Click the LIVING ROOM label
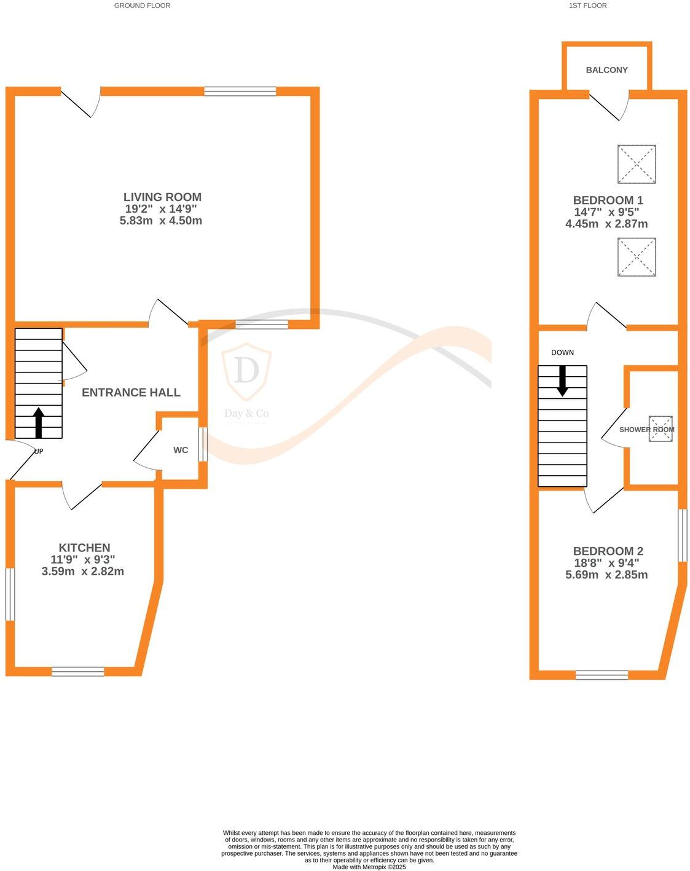(x=162, y=197)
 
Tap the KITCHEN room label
(x=84, y=548)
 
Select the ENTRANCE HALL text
(x=131, y=392)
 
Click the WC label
(x=181, y=450)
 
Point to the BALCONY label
(x=606, y=70)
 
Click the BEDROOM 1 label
(x=608, y=200)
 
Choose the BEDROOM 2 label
(x=608, y=551)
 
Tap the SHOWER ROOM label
(x=646, y=430)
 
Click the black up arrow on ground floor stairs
(x=39, y=423)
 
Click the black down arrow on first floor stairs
(x=562, y=380)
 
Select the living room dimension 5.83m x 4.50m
(x=161, y=221)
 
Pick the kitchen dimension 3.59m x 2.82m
(x=83, y=572)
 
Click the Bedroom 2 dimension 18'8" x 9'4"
(x=606, y=563)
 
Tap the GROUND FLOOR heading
(x=142, y=6)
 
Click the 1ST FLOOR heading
(x=588, y=6)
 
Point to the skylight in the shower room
(x=661, y=428)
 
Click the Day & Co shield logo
(x=246, y=372)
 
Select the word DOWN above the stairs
(x=562, y=353)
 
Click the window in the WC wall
(x=203, y=443)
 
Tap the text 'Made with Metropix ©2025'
(x=369, y=867)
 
